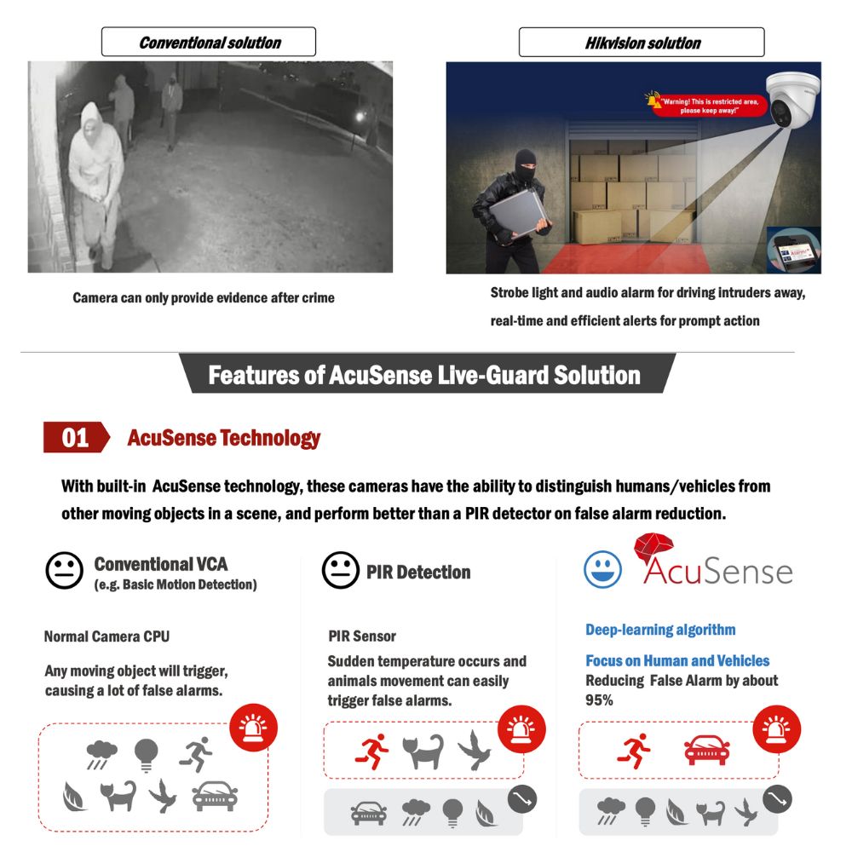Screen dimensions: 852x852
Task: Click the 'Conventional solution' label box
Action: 209,42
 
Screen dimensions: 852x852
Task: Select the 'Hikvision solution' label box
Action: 642,42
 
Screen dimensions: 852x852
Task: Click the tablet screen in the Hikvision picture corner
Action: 793,252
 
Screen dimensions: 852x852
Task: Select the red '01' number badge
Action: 75,437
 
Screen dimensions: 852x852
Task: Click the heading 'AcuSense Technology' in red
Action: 223,438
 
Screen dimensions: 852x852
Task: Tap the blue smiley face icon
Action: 602,569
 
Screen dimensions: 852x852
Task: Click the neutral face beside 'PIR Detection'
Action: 340,570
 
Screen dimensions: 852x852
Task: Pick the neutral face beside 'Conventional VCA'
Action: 64,570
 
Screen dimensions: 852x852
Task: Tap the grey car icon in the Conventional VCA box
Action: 215,797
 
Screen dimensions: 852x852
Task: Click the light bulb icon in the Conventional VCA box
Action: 146,752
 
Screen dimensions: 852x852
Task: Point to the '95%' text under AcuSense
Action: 599,699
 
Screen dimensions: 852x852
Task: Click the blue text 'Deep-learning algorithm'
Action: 660,630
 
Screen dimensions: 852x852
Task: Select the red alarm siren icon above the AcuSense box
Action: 776,729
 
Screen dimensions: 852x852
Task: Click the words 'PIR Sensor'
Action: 362,636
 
